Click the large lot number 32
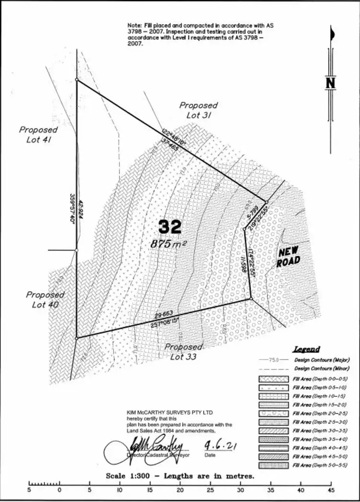170,227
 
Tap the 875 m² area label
168,244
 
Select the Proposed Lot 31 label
198,110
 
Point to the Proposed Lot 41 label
38,134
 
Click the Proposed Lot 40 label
45,299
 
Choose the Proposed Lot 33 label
183,351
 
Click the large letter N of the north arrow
330,83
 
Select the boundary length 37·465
170,145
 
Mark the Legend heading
306,349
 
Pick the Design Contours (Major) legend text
321,360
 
